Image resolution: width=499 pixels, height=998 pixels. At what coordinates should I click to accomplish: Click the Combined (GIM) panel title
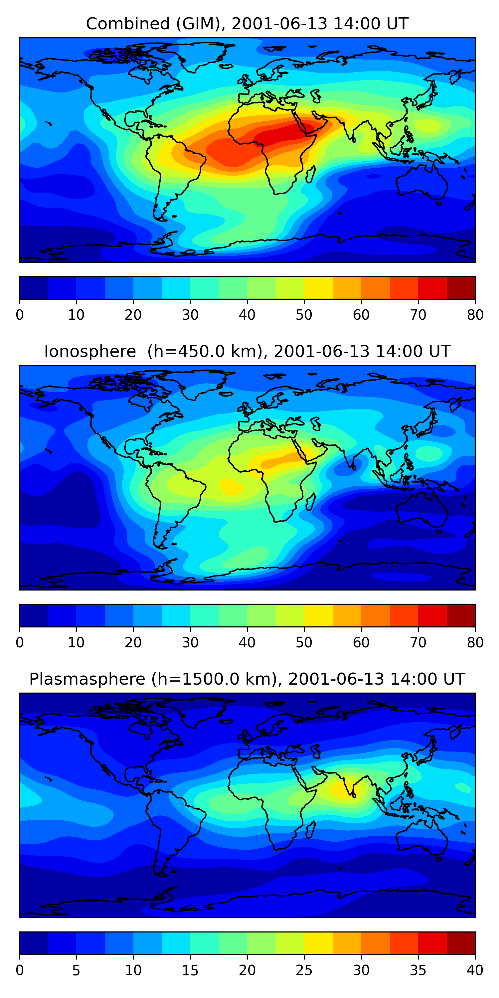pyautogui.click(x=247, y=24)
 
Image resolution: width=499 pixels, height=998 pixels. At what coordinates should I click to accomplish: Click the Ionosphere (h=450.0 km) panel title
pyautogui.click(x=247, y=351)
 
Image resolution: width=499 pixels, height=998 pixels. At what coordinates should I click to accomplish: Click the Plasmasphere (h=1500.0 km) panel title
pyautogui.click(x=247, y=679)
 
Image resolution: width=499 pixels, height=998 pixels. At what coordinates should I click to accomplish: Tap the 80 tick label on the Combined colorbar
pyautogui.click(x=475, y=315)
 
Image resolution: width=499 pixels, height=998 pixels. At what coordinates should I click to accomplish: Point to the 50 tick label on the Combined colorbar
pyautogui.click(x=304, y=315)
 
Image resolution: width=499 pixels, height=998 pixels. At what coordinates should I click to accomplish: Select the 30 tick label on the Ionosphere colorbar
pyautogui.click(x=190, y=642)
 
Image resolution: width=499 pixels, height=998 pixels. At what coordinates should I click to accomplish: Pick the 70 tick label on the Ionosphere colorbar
pyautogui.click(x=418, y=642)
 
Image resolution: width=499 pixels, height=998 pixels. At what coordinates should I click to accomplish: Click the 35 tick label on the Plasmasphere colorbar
pyautogui.click(x=418, y=970)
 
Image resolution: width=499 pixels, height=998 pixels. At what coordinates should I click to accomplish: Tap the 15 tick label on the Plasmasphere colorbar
pyautogui.click(x=190, y=970)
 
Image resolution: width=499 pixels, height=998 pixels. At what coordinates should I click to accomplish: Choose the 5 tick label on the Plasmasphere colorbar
pyautogui.click(x=76, y=970)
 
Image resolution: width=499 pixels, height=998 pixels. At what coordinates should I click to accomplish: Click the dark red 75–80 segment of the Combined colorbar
pyautogui.click(x=461, y=288)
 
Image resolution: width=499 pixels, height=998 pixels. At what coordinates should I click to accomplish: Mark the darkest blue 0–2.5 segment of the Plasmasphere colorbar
pyautogui.click(x=33, y=943)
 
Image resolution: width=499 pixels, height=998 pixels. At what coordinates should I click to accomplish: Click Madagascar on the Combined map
pyautogui.click(x=310, y=174)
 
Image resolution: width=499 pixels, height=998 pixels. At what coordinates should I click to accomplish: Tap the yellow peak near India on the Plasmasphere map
pyautogui.click(x=343, y=788)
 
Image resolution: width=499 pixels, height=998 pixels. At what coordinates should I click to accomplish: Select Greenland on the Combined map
pyautogui.click(x=202, y=54)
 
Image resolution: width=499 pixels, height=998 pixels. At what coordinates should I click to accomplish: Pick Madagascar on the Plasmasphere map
pyautogui.click(x=310, y=830)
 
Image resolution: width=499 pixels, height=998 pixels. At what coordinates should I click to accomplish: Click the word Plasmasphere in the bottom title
pyautogui.click(x=87, y=679)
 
